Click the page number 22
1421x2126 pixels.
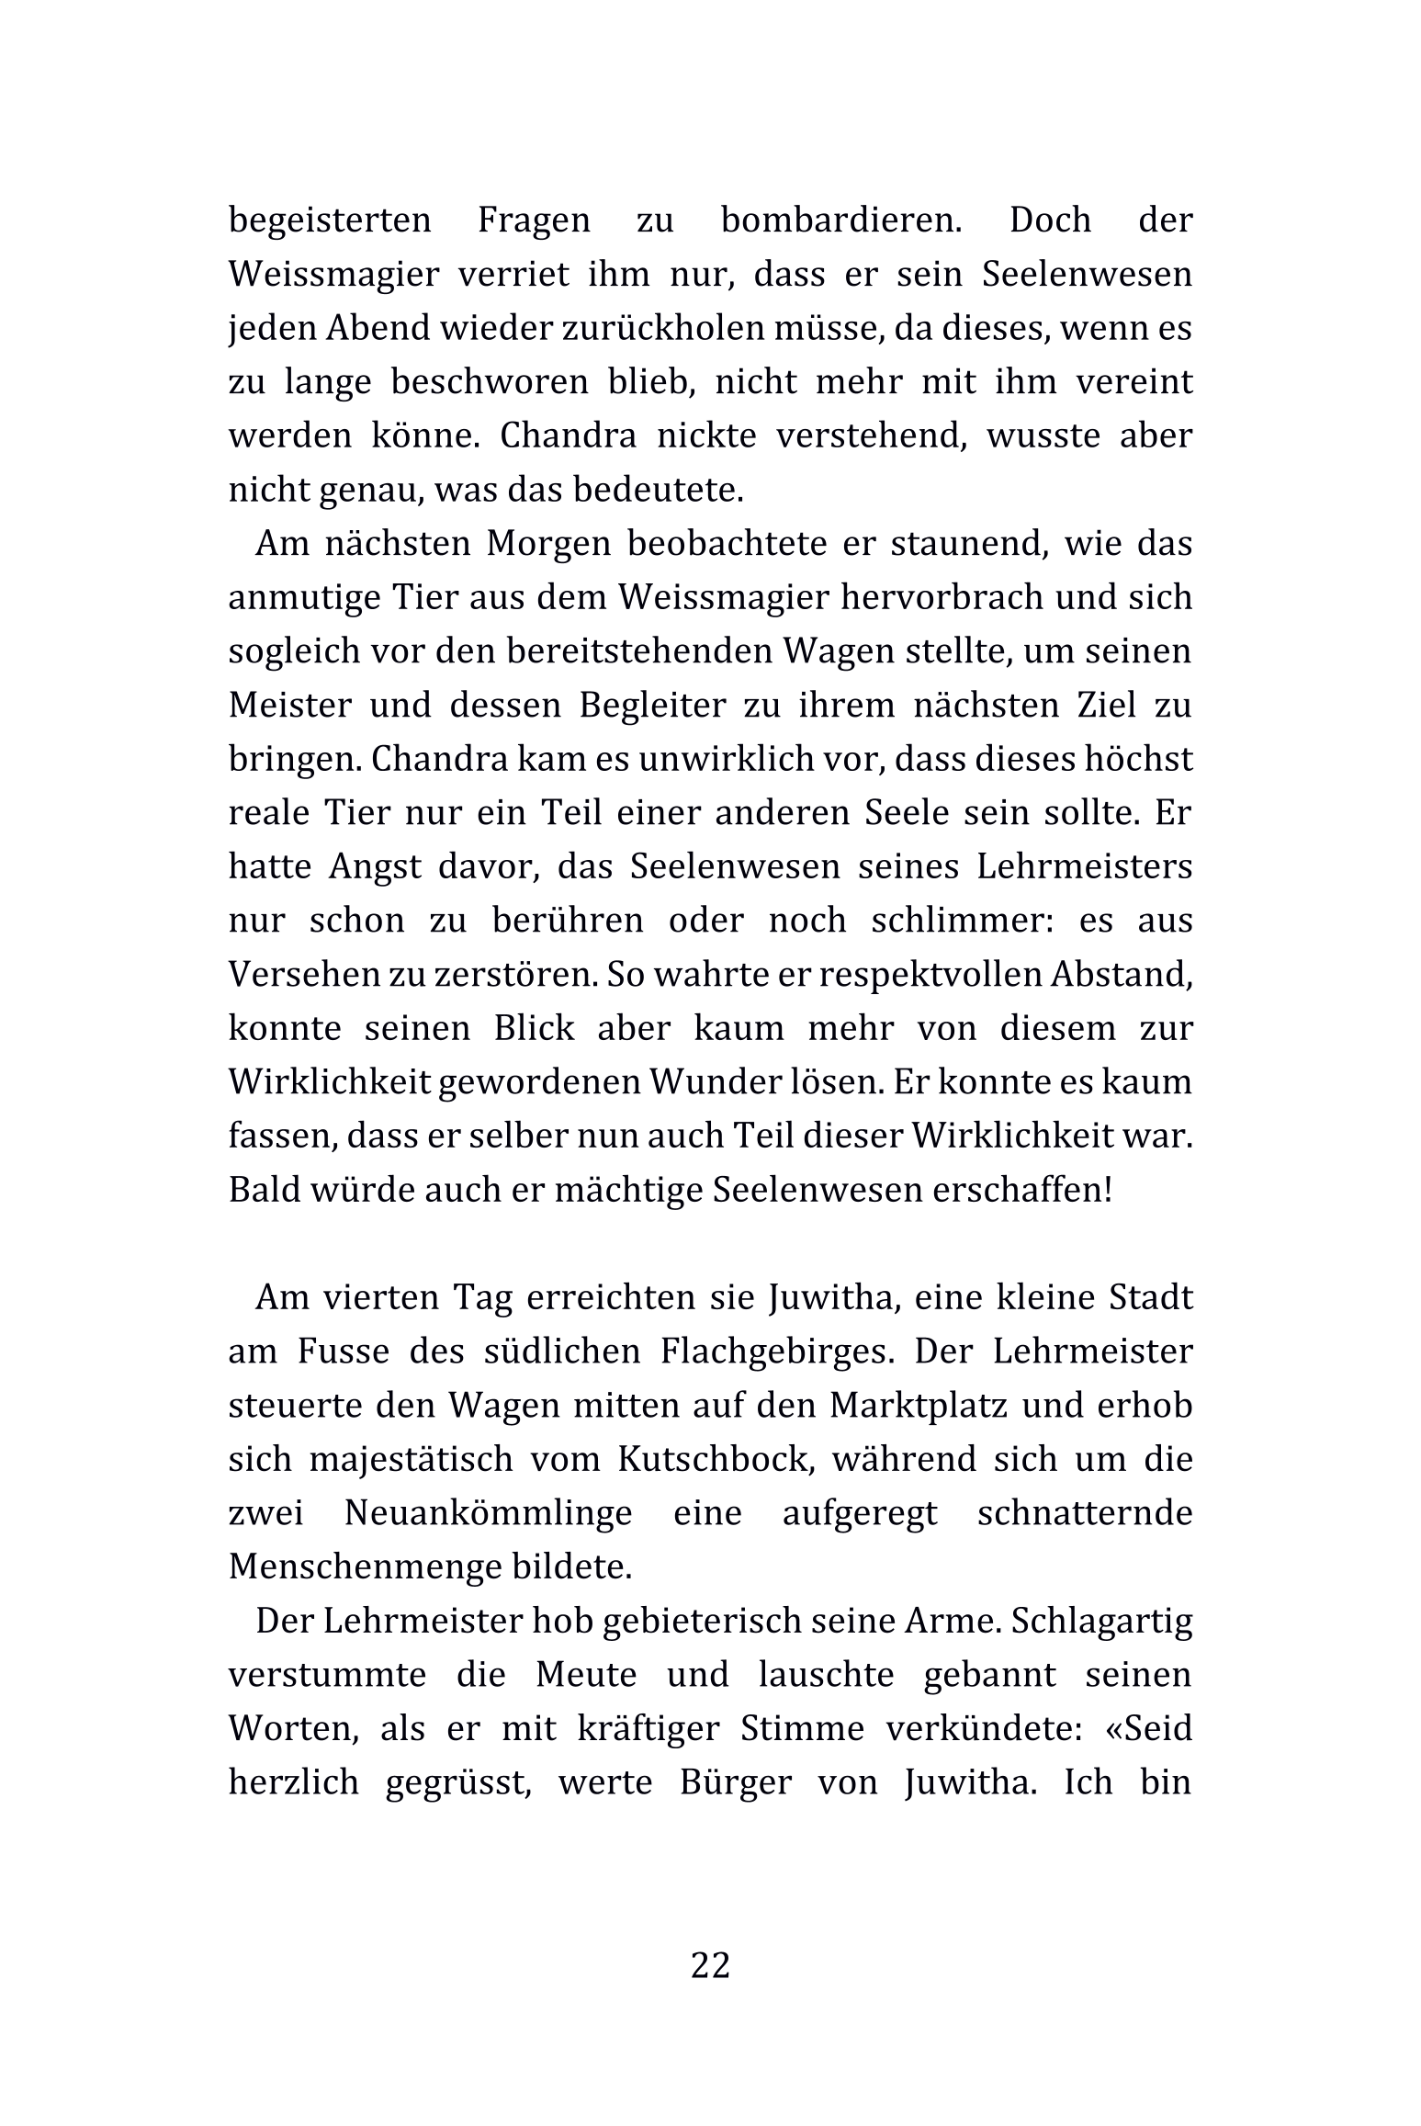(x=710, y=1965)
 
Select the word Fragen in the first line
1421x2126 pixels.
(x=534, y=221)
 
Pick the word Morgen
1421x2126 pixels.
(x=548, y=543)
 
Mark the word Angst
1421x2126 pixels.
(x=375, y=866)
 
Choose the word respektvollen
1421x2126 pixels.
(x=930, y=974)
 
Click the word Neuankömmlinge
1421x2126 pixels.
(x=488, y=1512)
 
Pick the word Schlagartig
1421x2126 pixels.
(x=1101, y=1621)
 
